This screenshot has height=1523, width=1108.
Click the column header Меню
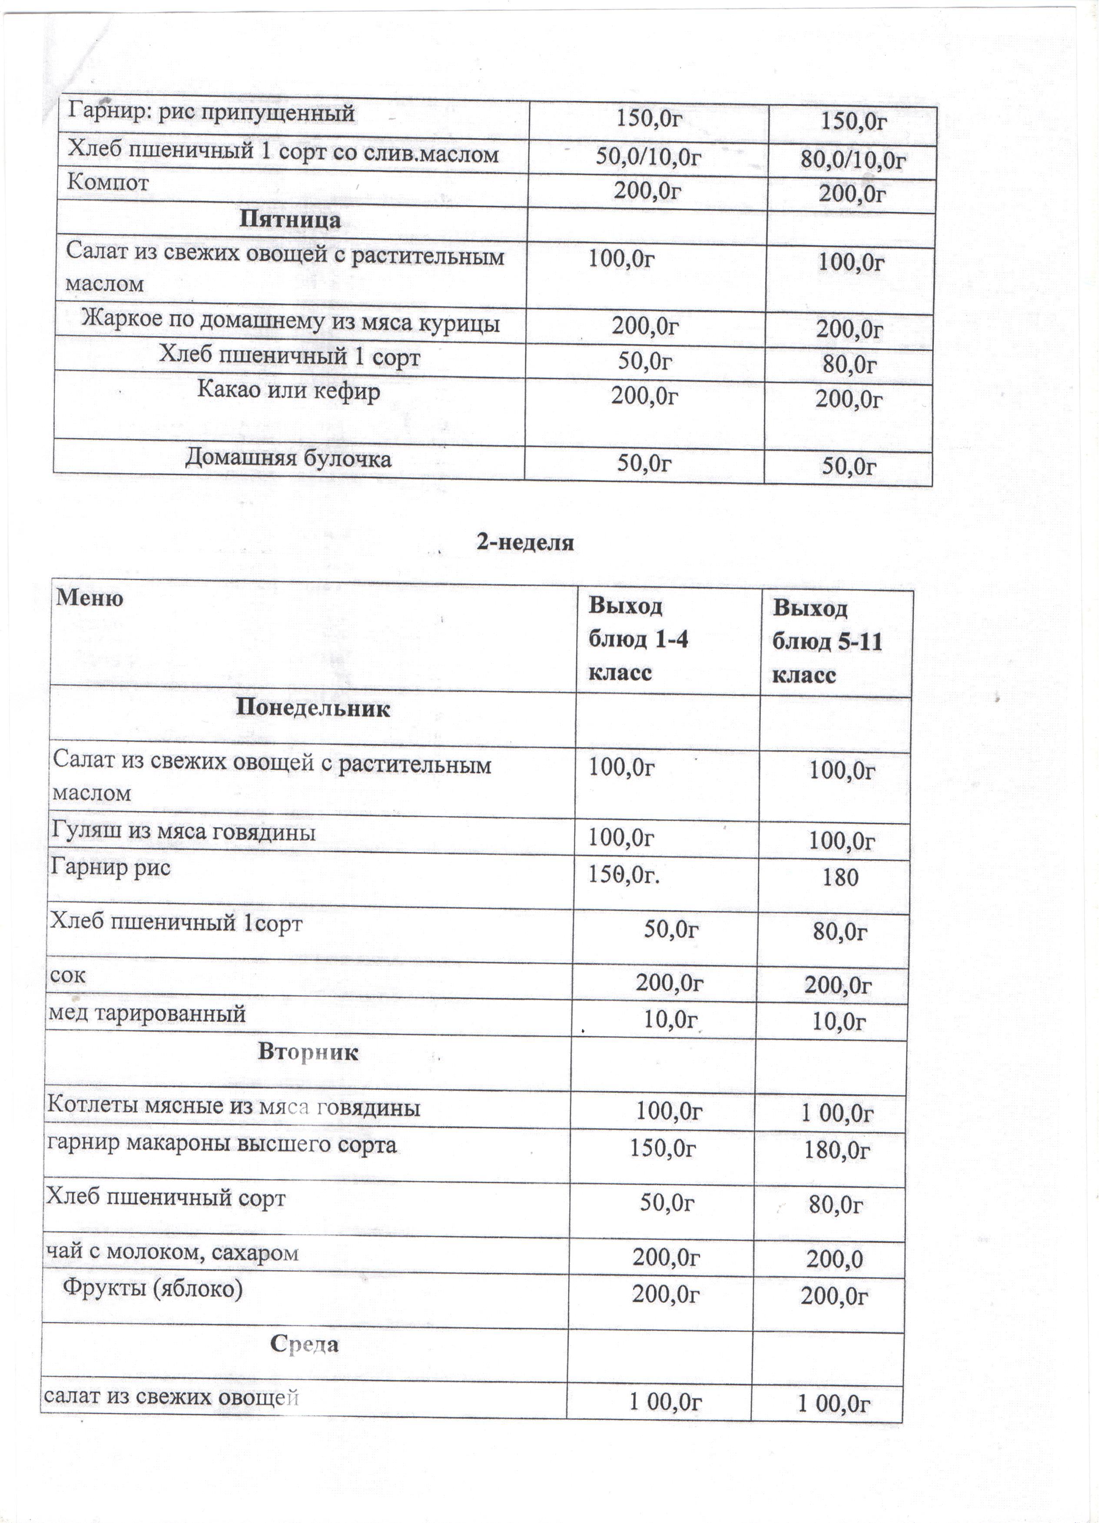pyautogui.click(x=90, y=598)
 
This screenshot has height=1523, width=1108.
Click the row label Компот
pyautogui.click(x=108, y=183)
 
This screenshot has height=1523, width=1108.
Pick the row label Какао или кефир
pyautogui.click(x=289, y=391)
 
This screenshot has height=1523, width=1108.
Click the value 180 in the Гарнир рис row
pyautogui.click(x=841, y=877)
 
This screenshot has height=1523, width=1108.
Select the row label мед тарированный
pyautogui.click(x=147, y=1014)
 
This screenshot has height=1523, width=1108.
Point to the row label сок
pyautogui.click(x=68, y=975)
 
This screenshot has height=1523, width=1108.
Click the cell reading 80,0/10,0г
pyautogui.click(x=855, y=160)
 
